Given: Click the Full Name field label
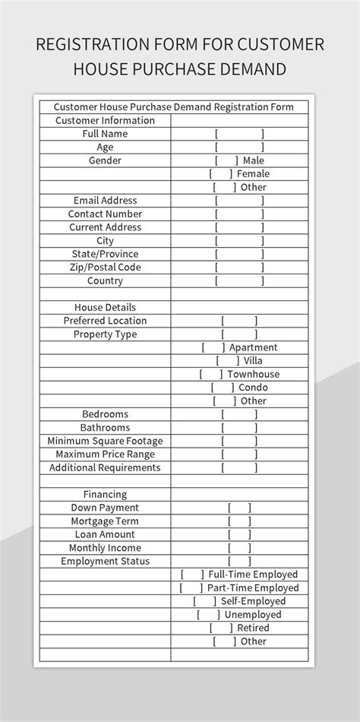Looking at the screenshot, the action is [x=105, y=134].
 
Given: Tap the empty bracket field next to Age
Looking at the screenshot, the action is [x=239, y=147].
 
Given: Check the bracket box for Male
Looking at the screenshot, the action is [x=226, y=160].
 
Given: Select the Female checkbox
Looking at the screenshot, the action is [x=221, y=174].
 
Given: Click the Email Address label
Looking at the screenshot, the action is [x=105, y=201].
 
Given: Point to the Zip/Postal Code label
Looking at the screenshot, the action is [x=105, y=268].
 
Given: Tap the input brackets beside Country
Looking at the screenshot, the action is [x=239, y=281].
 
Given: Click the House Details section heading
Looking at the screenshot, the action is [x=105, y=308].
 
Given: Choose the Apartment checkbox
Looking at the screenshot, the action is [x=213, y=348].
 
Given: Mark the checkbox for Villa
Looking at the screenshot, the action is [x=227, y=361].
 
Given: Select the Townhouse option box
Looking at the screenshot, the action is [x=211, y=375].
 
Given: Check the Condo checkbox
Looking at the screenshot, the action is [x=223, y=388].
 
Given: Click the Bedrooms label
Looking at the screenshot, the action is [x=105, y=414].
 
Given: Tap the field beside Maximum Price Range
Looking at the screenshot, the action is [x=239, y=454].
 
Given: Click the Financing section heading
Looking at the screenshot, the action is [x=105, y=495].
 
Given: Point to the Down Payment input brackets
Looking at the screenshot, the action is [x=239, y=508].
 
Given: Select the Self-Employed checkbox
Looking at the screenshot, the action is [x=204, y=601].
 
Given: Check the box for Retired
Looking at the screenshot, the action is [x=221, y=628].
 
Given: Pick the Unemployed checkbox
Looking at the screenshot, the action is [x=208, y=615].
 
